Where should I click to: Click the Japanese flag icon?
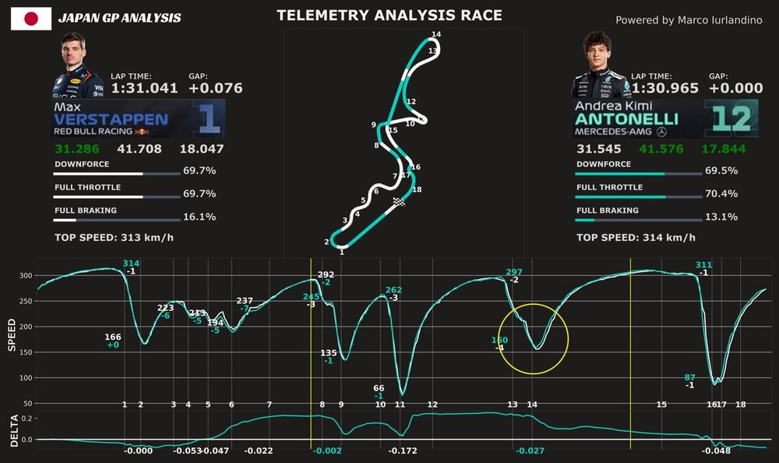[x=31, y=18]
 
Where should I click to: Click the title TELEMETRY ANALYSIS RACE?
[x=389, y=16]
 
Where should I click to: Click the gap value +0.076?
[x=216, y=88]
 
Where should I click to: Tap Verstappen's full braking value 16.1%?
[x=199, y=217]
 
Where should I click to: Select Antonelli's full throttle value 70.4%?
[x=721, y=193]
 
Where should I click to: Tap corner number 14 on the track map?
[x=435, y=34]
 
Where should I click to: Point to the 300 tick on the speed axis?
[x=26, y=275]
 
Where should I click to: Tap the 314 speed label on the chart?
[x=131, y=263]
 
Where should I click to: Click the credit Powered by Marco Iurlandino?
[x=689, y=20]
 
